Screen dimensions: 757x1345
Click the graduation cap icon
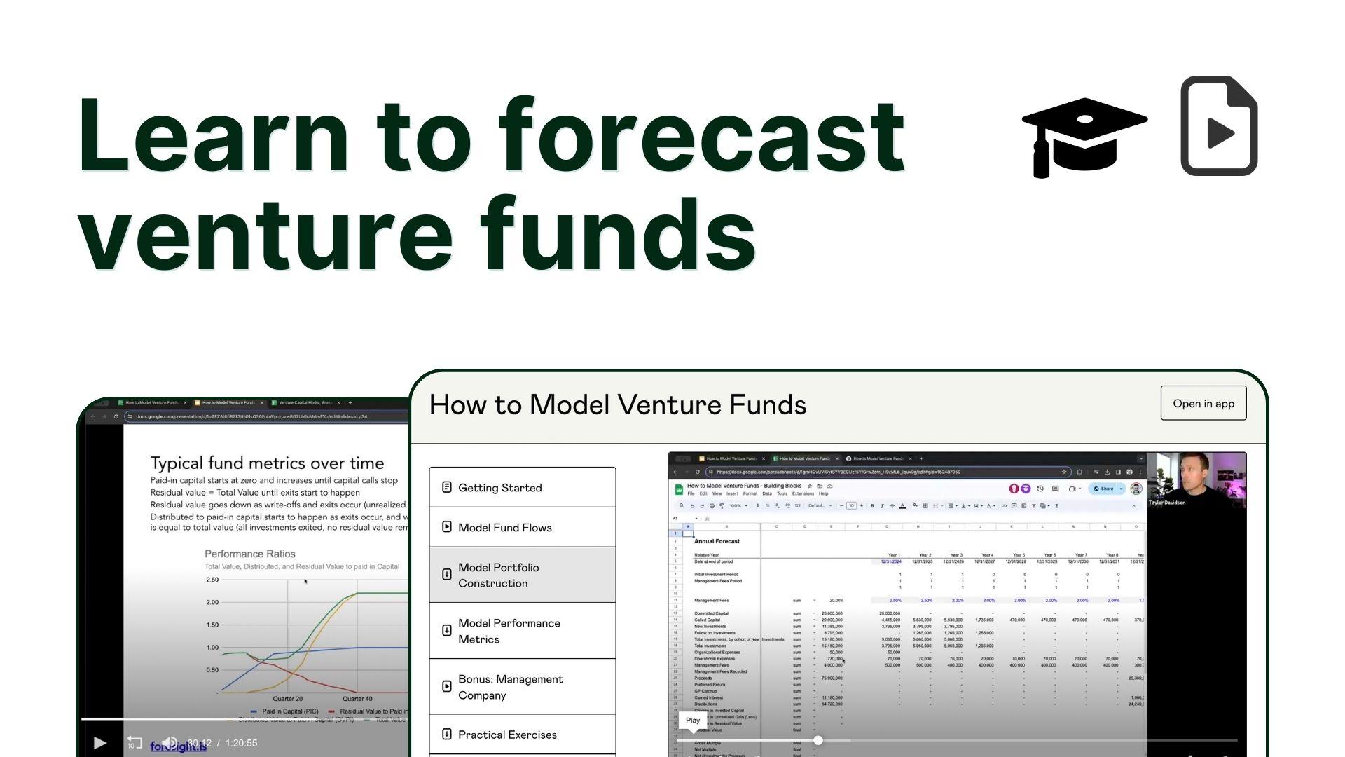[x=1084, y=137]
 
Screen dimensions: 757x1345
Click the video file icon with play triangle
[x=1219, y=126]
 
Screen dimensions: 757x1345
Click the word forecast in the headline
[x=701, y=137]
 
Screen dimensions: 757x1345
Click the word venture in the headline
[x=266, y=235]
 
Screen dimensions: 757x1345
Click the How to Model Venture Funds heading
[x=617, y=405]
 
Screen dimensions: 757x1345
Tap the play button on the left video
[x=99, y=743]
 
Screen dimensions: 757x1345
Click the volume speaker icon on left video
[x=169, y=743]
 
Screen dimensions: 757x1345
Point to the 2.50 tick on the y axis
[x=212, y=580]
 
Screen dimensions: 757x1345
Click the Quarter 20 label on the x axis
[x=287, y=699]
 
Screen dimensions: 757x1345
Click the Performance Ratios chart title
[x=249, y=554]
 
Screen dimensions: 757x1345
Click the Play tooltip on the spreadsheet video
[x=692, y=721]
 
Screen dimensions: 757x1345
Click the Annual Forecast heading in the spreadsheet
[x=716, y=541]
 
